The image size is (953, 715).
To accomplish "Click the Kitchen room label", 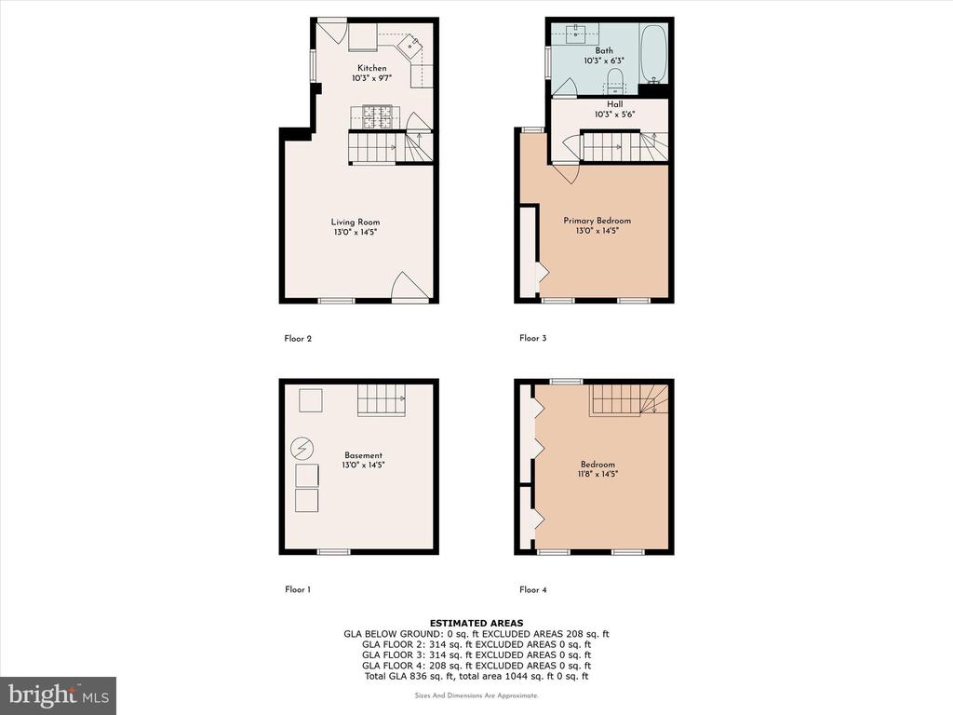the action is point(371,68).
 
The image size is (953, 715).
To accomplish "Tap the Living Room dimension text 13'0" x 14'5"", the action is point(356,232).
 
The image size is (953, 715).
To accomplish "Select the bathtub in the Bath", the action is point(654,53).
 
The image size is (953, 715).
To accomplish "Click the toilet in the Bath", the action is point(615,80).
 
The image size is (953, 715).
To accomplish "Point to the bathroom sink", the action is point(575,34).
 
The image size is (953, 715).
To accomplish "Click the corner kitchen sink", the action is point(410,45).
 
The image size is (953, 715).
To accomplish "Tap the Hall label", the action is point(614,104).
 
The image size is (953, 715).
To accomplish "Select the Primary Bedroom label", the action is point(597,220).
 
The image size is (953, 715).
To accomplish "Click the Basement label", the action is point(364,454).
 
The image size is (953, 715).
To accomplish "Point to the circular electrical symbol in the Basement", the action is point(302,449).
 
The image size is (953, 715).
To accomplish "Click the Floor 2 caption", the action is point(298,338).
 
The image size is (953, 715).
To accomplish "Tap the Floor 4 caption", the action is point(533,589).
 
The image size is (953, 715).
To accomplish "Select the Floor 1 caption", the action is point(298,589).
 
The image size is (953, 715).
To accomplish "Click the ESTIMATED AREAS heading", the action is point(476,623).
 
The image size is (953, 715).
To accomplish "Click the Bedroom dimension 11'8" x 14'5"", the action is point(597,474).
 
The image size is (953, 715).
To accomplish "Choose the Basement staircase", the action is point(381,400).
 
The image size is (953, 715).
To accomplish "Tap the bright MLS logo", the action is point(59,695).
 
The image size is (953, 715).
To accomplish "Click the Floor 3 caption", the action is point(533,338).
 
